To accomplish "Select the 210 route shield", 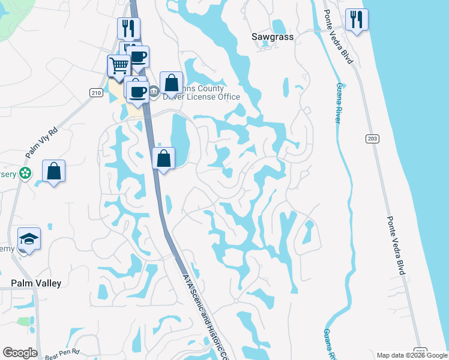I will pyautogui.click(x=96, y=92).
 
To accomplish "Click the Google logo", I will pyautogui.click(x=20, y=353).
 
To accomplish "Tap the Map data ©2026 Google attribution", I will pyautogui.click(x=412, y=355).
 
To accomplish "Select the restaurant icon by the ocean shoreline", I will pyautogui.click(x=357, y=20).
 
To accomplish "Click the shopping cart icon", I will pyautogui.click(x=119, y=66).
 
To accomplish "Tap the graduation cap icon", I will pyautogui.click(x=29, y=239).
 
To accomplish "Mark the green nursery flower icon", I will pyautogui.click(x=25, y=173).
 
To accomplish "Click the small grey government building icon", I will pyautogui.click(x=154, y=92).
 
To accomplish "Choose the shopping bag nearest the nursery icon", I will pyautogui.click(x=53, y=171).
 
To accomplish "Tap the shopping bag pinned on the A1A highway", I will pyautogui.click(x=163, y=158).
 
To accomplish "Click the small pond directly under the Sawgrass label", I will pyautogui.click(x=279, y=27).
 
